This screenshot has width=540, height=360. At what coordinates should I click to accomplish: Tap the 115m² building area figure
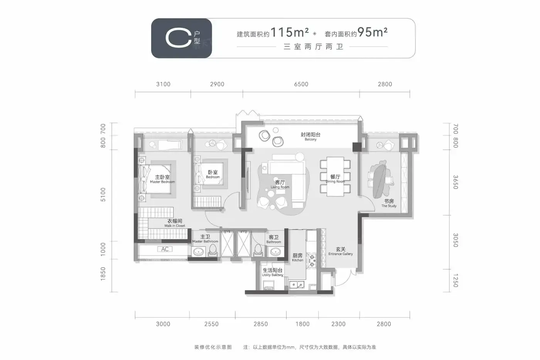coord(290,32)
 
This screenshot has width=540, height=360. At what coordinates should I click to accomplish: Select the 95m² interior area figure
coord(373,32)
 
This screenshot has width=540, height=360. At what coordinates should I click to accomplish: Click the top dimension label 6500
coord(301,84)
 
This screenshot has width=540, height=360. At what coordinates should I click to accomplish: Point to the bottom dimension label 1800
coord(302,324)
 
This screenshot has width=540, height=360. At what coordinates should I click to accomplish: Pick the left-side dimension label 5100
coord(103,194)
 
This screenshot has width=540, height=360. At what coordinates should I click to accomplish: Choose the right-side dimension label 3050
coord(456,240)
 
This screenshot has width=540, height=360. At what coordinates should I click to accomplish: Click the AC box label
coord(165,249)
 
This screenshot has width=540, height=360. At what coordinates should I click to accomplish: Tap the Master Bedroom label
coord(162,179)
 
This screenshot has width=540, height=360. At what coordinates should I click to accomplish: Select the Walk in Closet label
coord(175,223)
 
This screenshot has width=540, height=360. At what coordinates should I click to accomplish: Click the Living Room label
coord(280,184)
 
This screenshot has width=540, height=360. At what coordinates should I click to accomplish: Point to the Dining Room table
coord(335,176)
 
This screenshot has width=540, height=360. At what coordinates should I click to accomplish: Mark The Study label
coord(389,203)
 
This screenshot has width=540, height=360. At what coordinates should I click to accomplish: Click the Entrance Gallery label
coord(341,251)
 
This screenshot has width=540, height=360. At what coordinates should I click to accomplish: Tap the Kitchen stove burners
coord(312,261)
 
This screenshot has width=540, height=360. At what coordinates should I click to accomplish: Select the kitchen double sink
coord(297,285)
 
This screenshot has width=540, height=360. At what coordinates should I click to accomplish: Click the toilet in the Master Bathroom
coord(213,250)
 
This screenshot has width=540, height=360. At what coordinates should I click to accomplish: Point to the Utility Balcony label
coord(273,272)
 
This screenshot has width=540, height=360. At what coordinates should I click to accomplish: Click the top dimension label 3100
coord(163,84)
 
